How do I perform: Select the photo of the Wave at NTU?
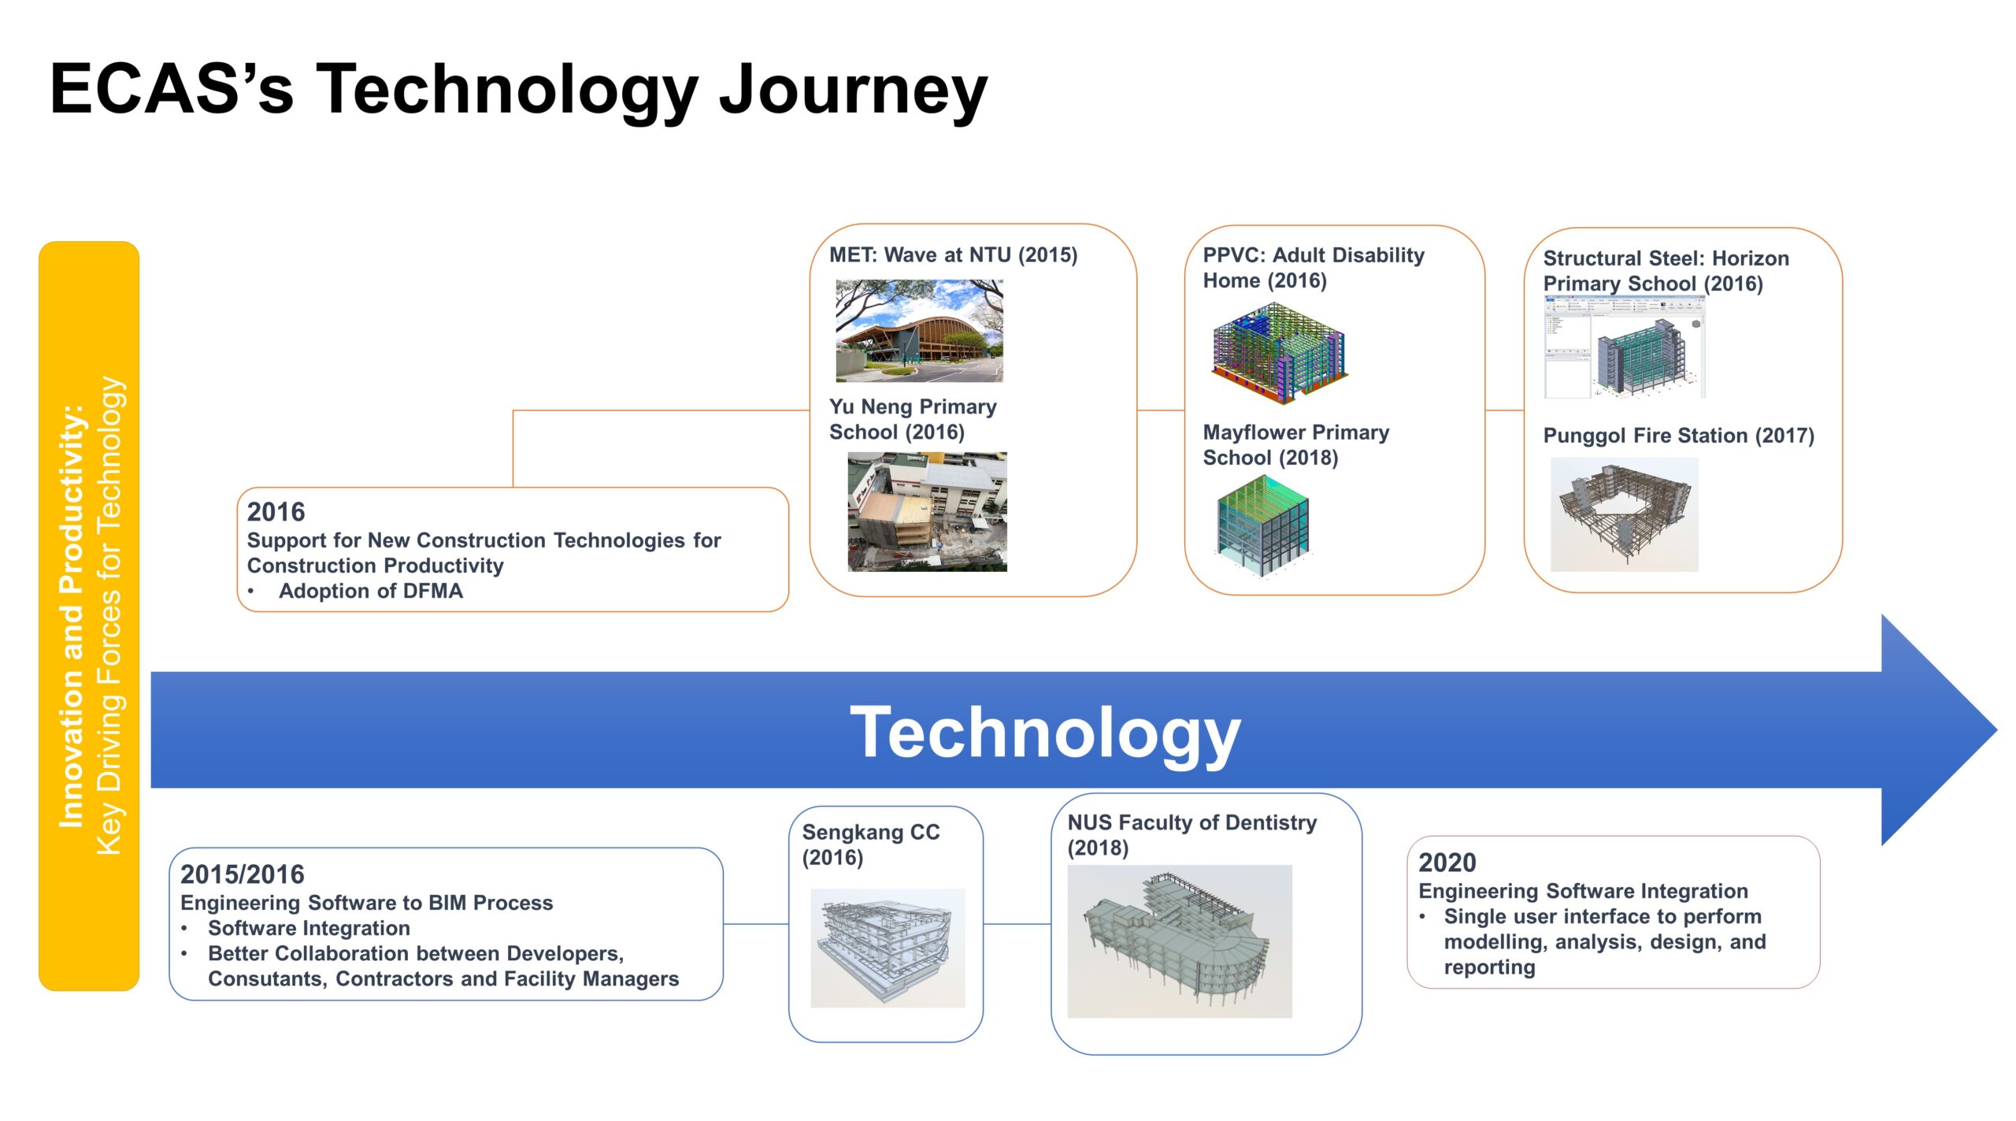919,331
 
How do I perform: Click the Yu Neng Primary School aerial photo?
927,511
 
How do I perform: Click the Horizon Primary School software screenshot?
1625,347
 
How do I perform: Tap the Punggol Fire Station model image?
1624,514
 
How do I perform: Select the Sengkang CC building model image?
888,948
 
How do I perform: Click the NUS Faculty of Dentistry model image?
1179,941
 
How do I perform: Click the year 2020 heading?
1447,863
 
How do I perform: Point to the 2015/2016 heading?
242,874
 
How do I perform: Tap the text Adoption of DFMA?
370,591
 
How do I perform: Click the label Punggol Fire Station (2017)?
1678,436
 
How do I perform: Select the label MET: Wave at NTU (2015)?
953,255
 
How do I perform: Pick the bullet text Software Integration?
309,928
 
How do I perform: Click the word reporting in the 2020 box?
1489,967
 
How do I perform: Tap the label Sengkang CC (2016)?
871,844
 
